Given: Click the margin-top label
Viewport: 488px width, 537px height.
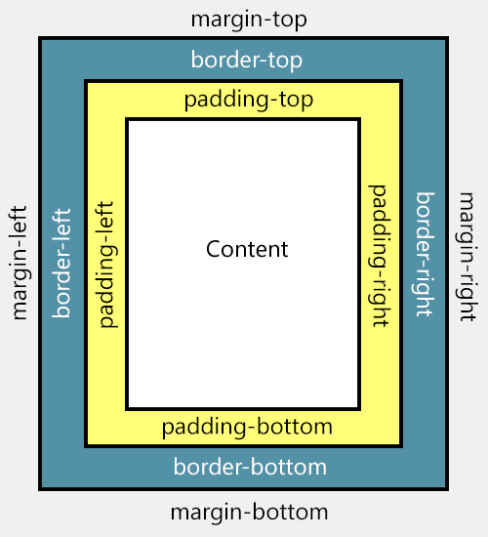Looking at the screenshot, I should [249, 20].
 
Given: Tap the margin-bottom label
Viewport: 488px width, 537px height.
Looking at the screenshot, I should [249, 513].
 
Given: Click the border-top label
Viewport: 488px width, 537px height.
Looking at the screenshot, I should [247, 61].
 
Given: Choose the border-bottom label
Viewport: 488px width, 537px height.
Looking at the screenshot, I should [250, 467].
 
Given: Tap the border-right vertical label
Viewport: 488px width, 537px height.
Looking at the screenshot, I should [426, 255].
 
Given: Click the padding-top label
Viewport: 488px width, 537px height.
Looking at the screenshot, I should [244, 101].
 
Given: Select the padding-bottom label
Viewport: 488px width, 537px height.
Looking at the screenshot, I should [247, 428].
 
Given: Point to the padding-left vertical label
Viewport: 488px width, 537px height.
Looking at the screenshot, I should [107, 265].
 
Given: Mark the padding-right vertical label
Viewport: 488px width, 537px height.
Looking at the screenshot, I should [377, 254].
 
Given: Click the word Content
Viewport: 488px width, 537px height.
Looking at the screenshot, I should [247, 249].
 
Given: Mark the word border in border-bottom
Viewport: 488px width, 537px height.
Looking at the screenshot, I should [203, 467].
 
